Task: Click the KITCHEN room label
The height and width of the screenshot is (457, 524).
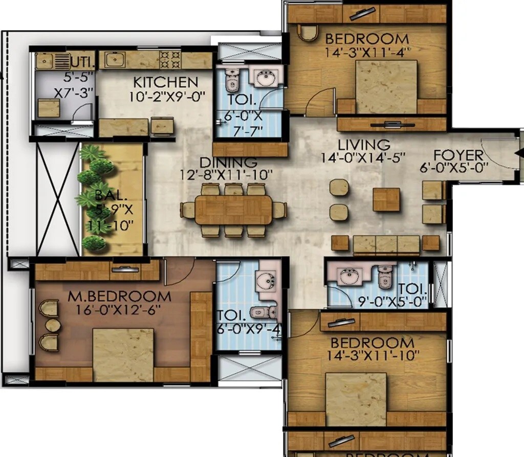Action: [165, 82]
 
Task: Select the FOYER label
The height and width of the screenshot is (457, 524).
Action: [458, 155]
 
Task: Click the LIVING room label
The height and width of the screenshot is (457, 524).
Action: [364, 145]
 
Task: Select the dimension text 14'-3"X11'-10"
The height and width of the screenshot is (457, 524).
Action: [372, 355]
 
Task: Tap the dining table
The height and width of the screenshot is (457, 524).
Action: [233, 210]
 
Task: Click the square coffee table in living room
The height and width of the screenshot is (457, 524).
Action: [386, 199]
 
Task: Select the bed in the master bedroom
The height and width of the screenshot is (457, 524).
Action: [123, 355]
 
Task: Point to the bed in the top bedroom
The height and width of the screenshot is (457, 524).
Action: [386, 87]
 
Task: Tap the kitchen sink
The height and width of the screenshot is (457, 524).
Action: [114, 60]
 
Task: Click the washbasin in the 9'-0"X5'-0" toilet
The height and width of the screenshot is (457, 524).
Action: [351, 276]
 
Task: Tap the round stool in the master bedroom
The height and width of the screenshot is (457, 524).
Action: [53, 325]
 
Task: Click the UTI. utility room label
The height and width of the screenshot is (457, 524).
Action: [82, 62]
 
